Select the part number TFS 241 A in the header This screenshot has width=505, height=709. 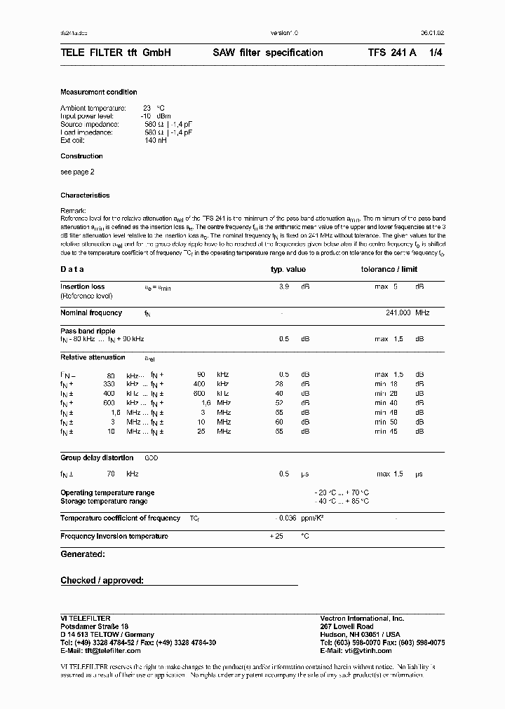coord(392,53)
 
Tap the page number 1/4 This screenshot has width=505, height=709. coord(436,53)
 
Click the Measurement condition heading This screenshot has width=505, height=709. coord(99,92)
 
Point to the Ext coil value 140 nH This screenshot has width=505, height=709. coord(156,140)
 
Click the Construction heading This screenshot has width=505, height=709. coord(81,156)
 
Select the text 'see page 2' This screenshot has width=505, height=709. coord(77,172)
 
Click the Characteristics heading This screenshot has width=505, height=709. coord(85,195)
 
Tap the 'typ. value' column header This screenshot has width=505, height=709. coord(288,270)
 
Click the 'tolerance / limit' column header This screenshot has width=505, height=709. coord(389,270)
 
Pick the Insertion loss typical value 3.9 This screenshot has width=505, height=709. coord(284,287)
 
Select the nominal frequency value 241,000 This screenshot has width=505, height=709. coord(398,313)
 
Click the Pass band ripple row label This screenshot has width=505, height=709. coord(88,331)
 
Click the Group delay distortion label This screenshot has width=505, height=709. coord(97,457)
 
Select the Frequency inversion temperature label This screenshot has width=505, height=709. coord(114,536)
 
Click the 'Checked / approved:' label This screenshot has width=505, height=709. coord(102,580)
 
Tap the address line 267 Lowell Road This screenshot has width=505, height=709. coord(346,626)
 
